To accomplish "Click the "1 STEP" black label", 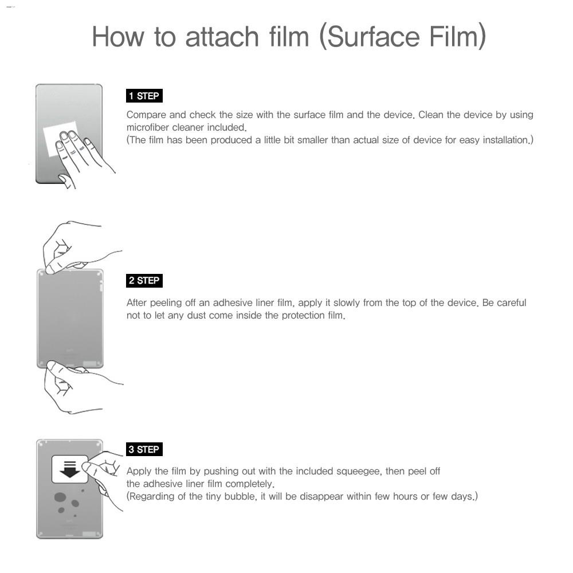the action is click(144, 96).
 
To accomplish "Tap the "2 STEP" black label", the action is click(144, 280).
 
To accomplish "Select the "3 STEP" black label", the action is click(144, 449).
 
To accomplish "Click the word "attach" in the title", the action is click(222, 37).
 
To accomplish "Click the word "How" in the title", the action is click(118, 37).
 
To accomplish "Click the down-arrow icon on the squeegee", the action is click(69, 469).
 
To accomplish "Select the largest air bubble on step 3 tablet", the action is click(60, 497).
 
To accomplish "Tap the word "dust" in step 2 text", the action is click(196, 315).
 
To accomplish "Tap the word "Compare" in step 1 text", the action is click(146, 115).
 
